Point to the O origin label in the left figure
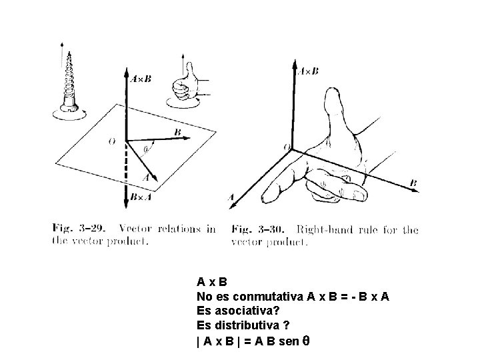(x=111, y=141)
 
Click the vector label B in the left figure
(x=177, y=132)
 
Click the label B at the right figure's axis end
(x=413, y=183)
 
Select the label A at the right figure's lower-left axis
(x=231, y=197)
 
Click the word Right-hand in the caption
(x=320, y=229)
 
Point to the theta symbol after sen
(x=307, y=340)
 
